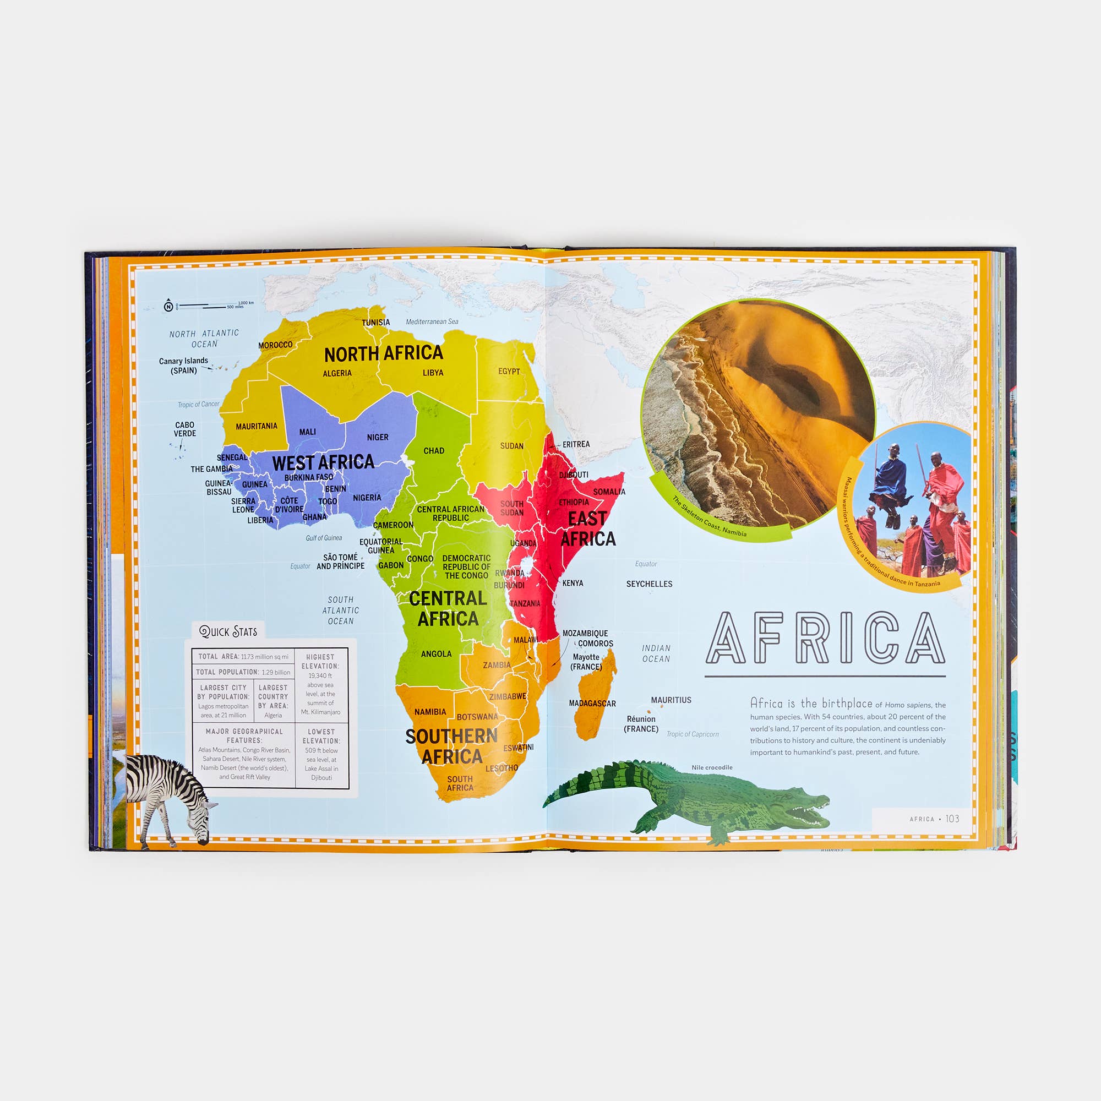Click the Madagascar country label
pos(592,703)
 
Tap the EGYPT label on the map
pos(509,372)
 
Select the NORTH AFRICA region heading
pos(384,353)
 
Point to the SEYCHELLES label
pos(649,584)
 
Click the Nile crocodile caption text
pos(712,767)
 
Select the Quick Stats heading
pos(228,631)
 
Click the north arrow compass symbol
pos(168,307)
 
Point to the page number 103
pos(952,819)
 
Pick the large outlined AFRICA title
pos(825,638)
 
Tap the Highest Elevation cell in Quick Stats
pos(320,684)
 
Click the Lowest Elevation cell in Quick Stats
pos(321,755)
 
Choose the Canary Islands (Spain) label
pos(183,366)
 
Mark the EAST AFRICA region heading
pos(588,528)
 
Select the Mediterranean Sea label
pos(432,322)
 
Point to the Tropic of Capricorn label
pos(693,734)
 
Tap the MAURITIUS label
pos(671,700)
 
